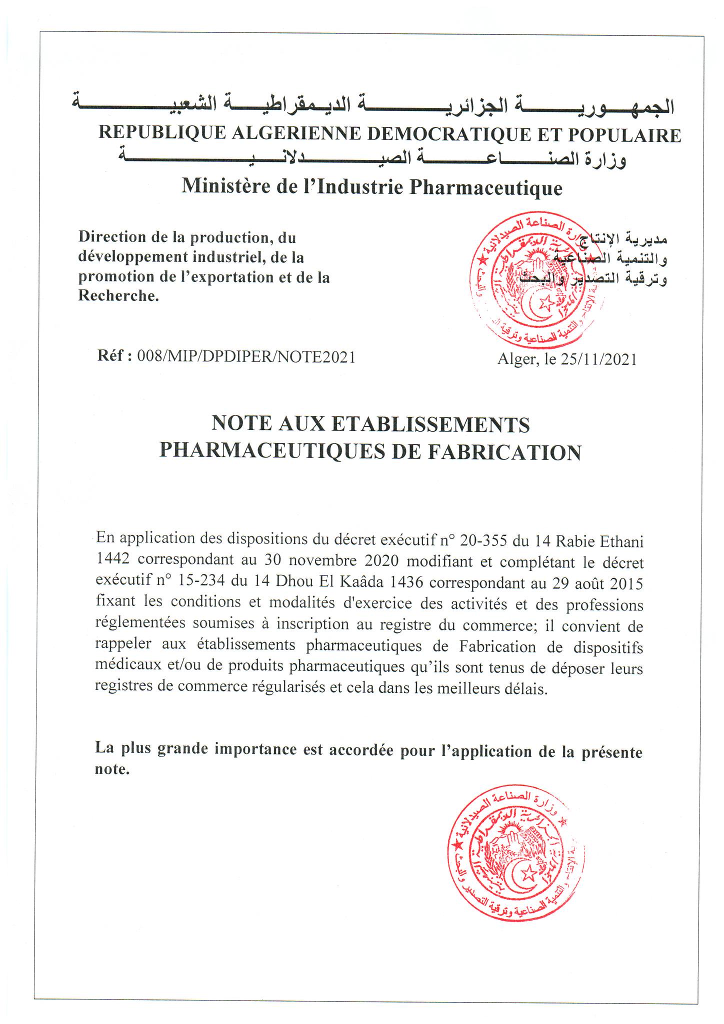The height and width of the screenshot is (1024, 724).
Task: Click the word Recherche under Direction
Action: (x=118, y=296)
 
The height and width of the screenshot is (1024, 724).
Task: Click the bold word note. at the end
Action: (x=112, y=768)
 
